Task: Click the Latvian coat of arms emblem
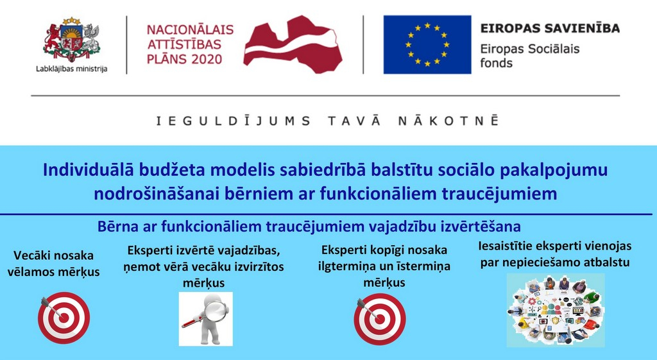coord(72,40)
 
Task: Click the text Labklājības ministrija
coord(72,69)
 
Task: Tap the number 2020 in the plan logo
coord(206,59)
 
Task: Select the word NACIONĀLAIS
coord(190,30)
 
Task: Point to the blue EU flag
coord(427,44)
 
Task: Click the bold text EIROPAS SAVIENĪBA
coord(550,28)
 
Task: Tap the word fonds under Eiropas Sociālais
coord(496,63)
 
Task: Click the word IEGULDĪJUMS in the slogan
coord(234,121)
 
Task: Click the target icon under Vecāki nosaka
coord(64,318)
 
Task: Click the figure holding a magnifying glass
coord(206,319)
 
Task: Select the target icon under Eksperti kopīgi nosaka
coord(380,318)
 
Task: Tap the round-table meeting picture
coord(556,310)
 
